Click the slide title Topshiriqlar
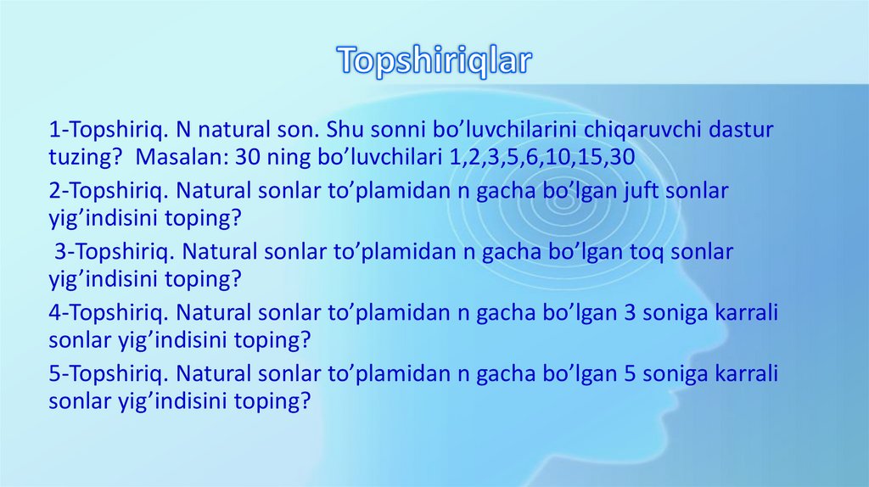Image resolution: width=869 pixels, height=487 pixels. [434, 60]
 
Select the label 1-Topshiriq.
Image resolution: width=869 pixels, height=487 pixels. [104, 131]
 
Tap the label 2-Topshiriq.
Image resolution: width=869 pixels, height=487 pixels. [104, 192]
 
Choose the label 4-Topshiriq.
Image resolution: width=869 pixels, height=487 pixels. [104, 313]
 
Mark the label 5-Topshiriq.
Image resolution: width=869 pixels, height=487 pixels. [104, 374]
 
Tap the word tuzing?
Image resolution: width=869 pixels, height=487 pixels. [83, 158]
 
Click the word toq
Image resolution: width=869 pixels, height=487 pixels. [631, 253]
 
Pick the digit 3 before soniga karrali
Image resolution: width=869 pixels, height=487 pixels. [629, 313]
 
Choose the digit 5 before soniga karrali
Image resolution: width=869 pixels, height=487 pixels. [629, 374]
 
